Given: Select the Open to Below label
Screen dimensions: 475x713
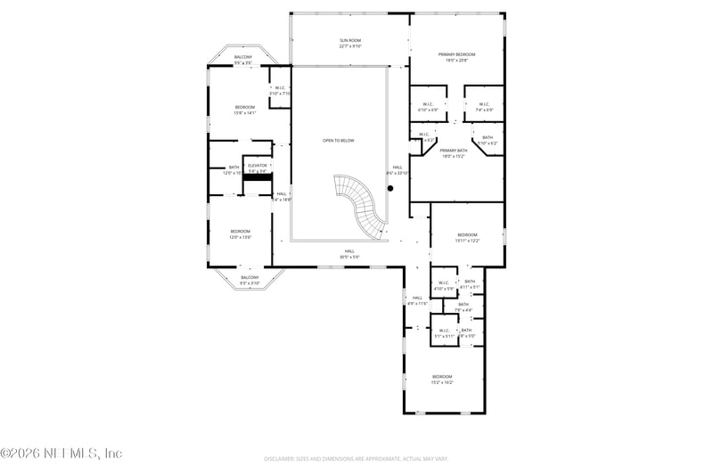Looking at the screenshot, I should point(338,140).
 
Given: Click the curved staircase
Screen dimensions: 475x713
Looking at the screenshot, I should point(363,204).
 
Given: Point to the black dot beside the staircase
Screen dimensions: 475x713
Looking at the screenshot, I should point(389,188).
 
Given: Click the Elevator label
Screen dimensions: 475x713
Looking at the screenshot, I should point(258,166).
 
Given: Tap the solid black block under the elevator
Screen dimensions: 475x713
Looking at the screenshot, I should point(258,177).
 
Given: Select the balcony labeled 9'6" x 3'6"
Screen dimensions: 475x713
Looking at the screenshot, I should point(243,58).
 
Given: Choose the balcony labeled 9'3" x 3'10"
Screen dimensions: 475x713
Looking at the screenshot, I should point(250,277).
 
